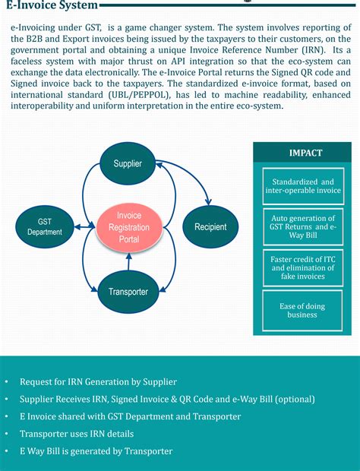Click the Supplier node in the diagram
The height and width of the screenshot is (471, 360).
point(127,163)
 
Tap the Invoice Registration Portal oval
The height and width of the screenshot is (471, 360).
point(128,227)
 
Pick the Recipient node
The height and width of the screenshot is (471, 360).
point(210,226)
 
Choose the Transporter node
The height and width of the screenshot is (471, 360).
point(128,290)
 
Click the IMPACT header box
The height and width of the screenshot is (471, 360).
point(305,153)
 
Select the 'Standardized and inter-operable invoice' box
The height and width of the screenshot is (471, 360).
point(302,187)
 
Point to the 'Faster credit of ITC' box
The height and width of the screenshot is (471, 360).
point(302,267)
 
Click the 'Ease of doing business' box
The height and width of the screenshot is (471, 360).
point(302,309)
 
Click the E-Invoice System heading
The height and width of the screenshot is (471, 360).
point(52,6)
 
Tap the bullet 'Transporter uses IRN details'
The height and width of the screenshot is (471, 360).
point(77,434)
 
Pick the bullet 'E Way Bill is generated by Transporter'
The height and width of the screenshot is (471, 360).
point(96,451)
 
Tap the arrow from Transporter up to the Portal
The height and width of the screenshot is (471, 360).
point(128,263)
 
